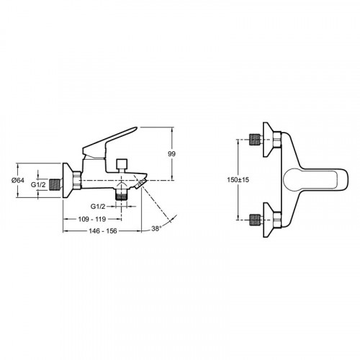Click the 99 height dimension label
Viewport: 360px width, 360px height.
pos(171,154)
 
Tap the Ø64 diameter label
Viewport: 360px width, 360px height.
pos(18,180)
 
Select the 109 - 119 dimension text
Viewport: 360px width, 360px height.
pos(92,219)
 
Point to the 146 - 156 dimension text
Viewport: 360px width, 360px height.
pos(103,231)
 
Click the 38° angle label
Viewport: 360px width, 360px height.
pos(156,228)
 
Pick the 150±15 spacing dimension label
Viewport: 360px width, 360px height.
pos(238,179)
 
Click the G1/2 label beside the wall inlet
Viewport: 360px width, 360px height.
pos(38,184)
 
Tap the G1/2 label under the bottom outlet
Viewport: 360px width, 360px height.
pos(98,206)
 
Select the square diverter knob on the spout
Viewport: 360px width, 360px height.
pos(122,164)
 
